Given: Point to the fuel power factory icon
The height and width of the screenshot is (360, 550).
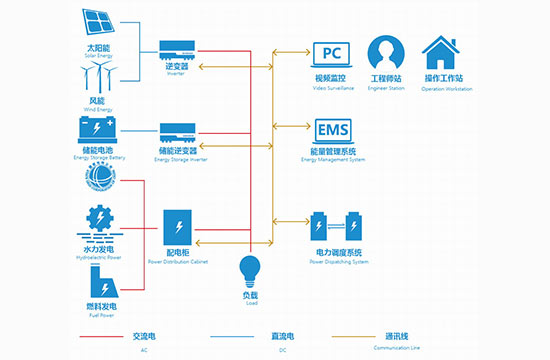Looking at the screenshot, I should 97,274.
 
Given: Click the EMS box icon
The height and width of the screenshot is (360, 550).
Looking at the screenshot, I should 331,130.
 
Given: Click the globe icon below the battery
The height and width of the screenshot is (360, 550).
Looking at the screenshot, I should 97,178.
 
